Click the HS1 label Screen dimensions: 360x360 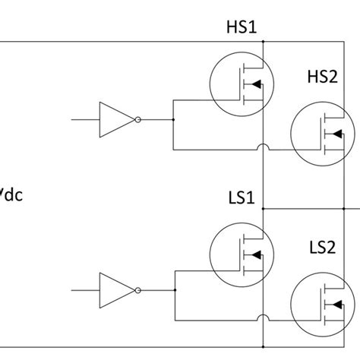point(242,29)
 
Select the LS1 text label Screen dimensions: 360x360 point(242,198)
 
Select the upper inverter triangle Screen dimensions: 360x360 point(114,119)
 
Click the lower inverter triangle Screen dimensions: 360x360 point(114,289)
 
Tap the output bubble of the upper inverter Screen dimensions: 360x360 point(137,119)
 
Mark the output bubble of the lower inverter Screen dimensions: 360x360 point(137,289)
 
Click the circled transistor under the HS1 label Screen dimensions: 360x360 point(241,84)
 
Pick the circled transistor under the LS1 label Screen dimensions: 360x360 point(241,254)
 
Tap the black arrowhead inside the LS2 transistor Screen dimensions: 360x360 point(335,306)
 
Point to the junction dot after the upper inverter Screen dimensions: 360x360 point(173,119)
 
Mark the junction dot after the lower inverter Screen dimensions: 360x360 point(173,289)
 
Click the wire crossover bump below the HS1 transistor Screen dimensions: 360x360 point(263,147)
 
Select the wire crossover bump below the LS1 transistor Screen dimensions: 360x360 point(263,317)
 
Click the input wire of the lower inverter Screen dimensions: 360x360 point(84,289)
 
